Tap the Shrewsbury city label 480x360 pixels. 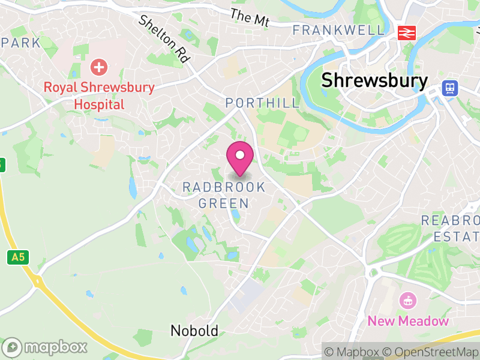(x=375, y=80)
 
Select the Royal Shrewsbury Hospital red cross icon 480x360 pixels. (x=98, y=67)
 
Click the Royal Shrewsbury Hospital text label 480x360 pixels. (x=99, y=96)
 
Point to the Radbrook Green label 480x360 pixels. (x=224, y=195)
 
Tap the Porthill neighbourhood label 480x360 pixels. (x=262, y=103)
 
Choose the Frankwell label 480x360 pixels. (x=338, y=30)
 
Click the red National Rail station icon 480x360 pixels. (x=407, y=32)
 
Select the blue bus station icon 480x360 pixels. (x=449, y=88)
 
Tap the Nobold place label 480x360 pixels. (x=194, y=331)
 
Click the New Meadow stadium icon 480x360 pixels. (x=408, y=300)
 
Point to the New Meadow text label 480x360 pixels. (x=408, y=321)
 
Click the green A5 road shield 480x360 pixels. (x=18, y=257)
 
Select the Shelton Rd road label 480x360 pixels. (x=164, y=39)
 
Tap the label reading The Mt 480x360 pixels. (x=250, y=17)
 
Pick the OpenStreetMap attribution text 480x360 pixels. (x=429, y=352)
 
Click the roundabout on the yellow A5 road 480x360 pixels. (x=37, y=280)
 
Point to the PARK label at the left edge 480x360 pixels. (x=21, y=43)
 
